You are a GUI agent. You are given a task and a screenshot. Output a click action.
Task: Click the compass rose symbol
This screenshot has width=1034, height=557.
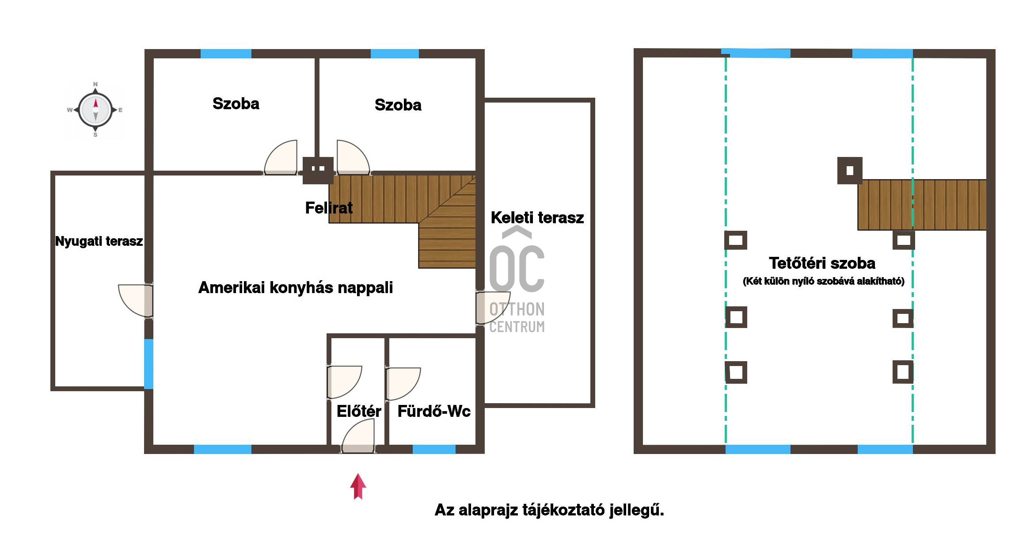pyautogui.click(x=95, y=110)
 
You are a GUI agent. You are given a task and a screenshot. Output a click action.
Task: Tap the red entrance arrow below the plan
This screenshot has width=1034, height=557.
pyautogui.click(x=358, y=486)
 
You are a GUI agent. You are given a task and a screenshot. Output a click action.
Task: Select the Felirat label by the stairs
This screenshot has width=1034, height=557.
pyautogui.click(x=329, y=208)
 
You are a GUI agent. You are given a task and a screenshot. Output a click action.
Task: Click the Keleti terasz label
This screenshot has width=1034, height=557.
pyautogui.click(x=537, y=217)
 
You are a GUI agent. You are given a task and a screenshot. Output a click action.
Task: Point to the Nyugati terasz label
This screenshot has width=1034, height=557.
pyautogui.click(x=99, y=241)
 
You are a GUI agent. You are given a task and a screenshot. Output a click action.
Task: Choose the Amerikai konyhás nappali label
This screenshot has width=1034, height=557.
pyautogui.click(x=296, y=287)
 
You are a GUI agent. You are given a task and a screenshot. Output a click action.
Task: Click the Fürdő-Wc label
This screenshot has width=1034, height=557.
pyautogui.click(x=434, y=411)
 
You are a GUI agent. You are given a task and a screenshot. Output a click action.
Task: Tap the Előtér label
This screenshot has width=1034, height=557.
pyautogui.click(x=359, y=411)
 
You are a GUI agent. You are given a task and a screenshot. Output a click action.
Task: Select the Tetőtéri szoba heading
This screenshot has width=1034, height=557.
pyautogui.click(x=822, y=263)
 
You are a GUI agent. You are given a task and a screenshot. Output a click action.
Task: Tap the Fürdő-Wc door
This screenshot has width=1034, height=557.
pyautogui.click(x=403, y=384)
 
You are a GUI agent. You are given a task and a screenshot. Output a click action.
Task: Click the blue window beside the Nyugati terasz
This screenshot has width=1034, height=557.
pyautogui.click(x=149, y=364)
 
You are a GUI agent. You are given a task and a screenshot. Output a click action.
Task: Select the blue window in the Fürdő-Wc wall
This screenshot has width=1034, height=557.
pyautogui.click(x=434, y=449)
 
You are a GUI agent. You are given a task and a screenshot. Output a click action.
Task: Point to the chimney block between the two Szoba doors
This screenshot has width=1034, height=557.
pyautogui.click(x=318, y=170)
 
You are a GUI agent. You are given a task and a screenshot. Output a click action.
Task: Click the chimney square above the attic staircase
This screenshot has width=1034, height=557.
pyautogui.click(x=850, y=170)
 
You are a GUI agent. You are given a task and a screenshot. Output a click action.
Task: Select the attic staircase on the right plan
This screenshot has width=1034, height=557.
pyautogui.click(x=922, y=205)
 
